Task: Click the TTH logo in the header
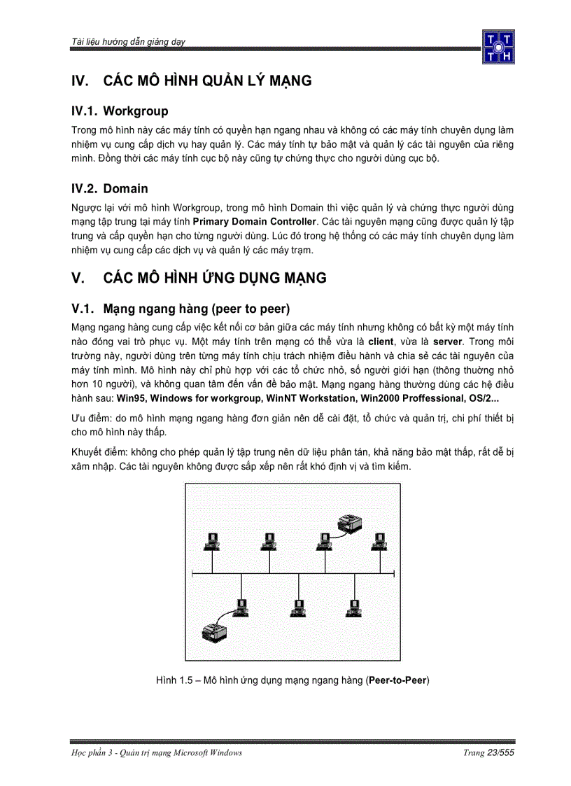point(498,47)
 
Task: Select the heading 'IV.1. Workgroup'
point(120,111)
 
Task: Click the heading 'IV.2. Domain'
point(110,188)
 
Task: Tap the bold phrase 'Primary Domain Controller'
point(254,222)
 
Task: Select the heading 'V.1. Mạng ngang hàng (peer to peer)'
point(181,309)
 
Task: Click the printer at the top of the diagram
point(349,522)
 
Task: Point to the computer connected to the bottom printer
point(241,608)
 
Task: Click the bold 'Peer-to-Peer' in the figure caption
point(397,680)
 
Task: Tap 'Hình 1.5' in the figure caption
point(172,680)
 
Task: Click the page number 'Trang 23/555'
point(488,752)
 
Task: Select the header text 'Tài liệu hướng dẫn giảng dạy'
point(128,43)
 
